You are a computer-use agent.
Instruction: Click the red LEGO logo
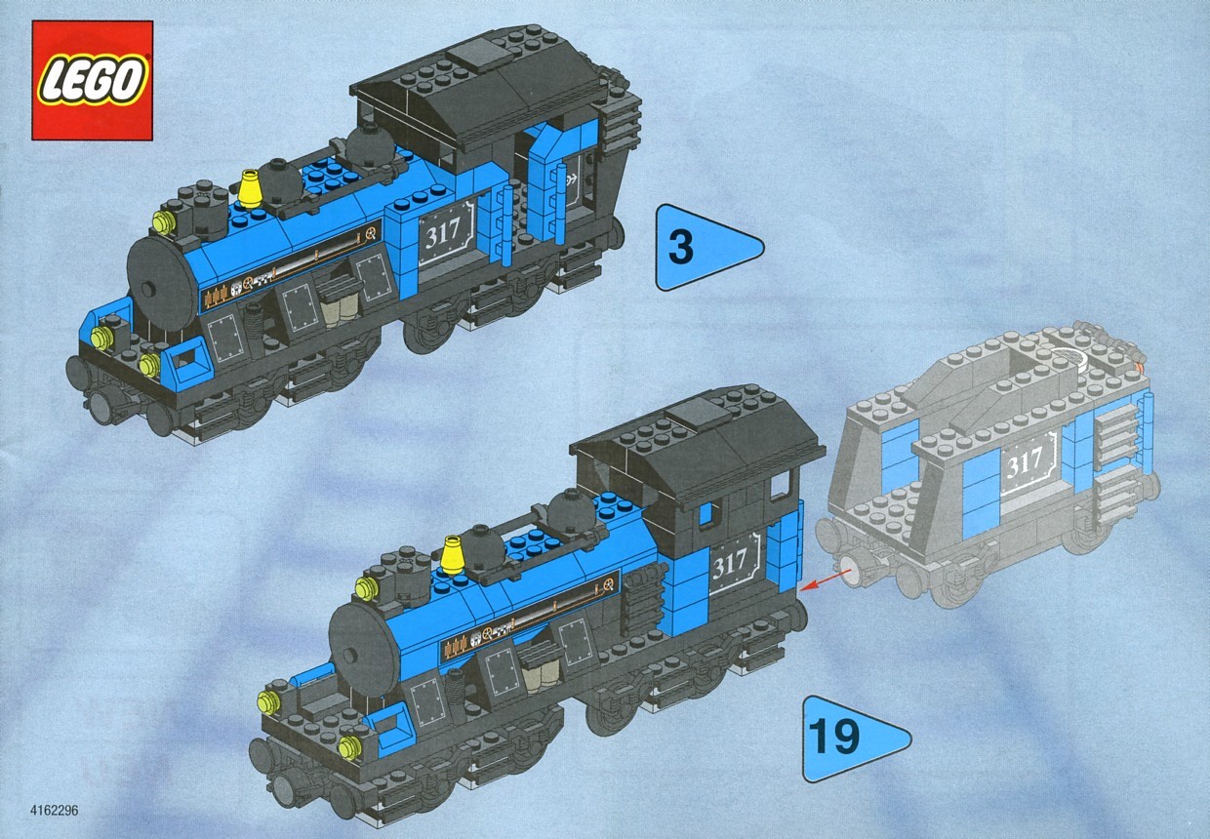coord(92,80)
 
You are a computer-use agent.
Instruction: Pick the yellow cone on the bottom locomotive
coord(453,555)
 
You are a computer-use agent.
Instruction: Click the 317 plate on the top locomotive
coord(446,233)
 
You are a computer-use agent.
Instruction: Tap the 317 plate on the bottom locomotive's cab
coord(733,563)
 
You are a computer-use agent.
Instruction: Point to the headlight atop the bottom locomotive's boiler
coord(366,587)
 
